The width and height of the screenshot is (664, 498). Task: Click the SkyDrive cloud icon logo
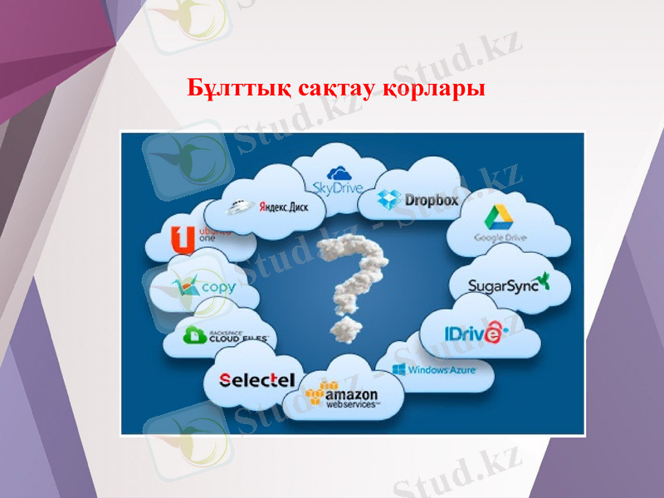click(338, 173)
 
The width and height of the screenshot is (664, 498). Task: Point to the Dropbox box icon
click(389, 199)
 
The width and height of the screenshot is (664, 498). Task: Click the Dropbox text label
click(431, 200)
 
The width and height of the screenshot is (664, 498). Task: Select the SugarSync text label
click(503, 286)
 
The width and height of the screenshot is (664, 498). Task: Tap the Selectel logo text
click(257, 380)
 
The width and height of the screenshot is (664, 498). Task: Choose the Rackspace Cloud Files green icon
click(196, 335)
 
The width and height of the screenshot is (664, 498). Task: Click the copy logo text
click(217, 288)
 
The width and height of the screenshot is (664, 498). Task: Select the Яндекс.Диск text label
click(283, 207)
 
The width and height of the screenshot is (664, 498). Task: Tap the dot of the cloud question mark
click(344, 329)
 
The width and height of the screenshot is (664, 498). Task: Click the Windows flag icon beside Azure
click(398, 369)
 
